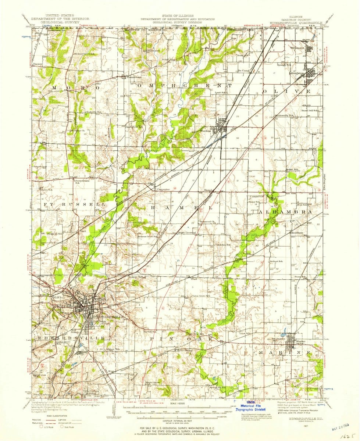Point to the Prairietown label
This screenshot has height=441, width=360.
132,77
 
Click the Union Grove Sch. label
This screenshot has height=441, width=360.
201,296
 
